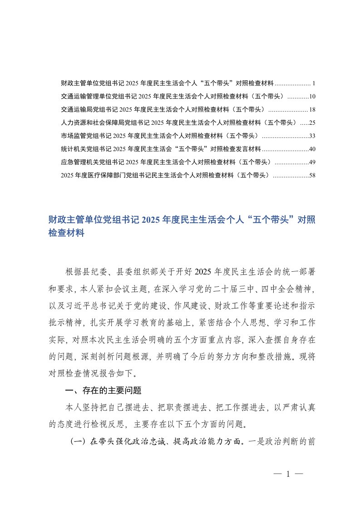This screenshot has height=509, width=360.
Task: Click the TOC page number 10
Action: tap(312, 97)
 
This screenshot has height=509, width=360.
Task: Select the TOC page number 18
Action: tap(312, 109)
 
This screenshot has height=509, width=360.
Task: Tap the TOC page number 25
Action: tap(312, 122)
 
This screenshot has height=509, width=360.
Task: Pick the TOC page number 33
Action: tap(312, 136)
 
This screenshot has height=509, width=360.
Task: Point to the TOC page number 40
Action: tap(312, 149)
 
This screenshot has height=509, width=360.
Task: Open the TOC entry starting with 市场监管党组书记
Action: tap(159, 136)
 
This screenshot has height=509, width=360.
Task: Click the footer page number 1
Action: tap(288, 475)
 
